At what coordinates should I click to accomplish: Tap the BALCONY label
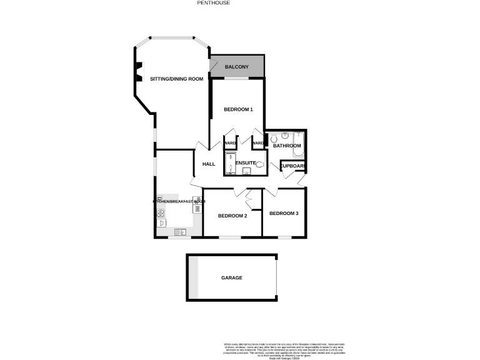[237, 67]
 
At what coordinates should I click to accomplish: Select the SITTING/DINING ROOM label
[177, 79]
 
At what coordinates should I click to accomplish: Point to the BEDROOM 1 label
[238, 109]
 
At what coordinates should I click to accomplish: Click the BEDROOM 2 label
[232, 216]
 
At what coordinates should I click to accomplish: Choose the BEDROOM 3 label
[284, 214]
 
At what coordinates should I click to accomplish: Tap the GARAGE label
[231, 277]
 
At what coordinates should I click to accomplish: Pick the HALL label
[209, 164]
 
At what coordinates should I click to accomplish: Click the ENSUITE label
[246, 163]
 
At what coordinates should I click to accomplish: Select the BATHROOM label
[287, 146]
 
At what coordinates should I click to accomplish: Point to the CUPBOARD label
[292, 166]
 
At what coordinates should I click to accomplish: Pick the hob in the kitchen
[161, 212]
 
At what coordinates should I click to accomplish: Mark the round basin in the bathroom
[284, 135]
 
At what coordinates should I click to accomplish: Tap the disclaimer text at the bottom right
[284, 349]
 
